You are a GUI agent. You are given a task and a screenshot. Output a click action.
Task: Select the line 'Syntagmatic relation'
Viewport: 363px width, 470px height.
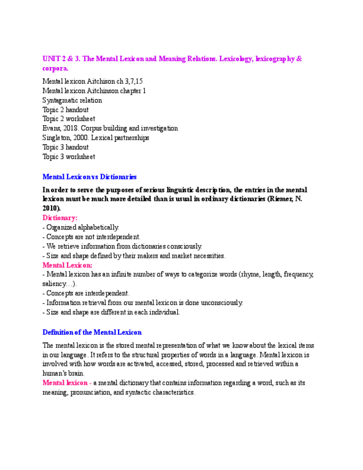72,100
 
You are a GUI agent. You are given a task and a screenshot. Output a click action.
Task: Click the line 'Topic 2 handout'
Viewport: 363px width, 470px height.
65,110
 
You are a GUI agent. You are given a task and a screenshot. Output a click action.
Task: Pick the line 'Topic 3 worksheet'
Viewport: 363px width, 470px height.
69,157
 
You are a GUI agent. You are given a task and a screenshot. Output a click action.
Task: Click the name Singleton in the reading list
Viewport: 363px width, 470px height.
56,138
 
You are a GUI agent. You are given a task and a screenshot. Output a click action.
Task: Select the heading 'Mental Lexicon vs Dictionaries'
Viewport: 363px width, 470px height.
89,177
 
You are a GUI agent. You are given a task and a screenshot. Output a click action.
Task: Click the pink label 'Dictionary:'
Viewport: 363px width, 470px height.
60,218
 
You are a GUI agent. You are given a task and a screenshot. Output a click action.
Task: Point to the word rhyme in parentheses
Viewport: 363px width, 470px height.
250,274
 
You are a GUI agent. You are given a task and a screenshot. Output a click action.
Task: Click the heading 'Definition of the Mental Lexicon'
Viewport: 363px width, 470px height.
92,332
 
